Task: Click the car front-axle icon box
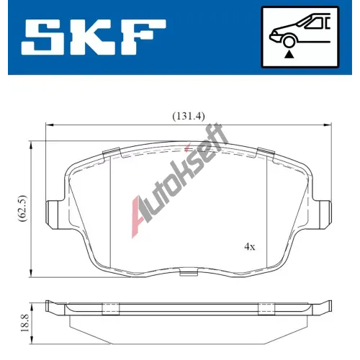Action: point(300,37)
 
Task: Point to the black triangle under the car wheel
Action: point(289,55)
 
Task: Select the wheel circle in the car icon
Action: point(289,42)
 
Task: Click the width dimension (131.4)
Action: point(189,117)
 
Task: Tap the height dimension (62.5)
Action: point(23,208)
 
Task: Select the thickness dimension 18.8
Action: point(24,323)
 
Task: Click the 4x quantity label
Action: point(250,246)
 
